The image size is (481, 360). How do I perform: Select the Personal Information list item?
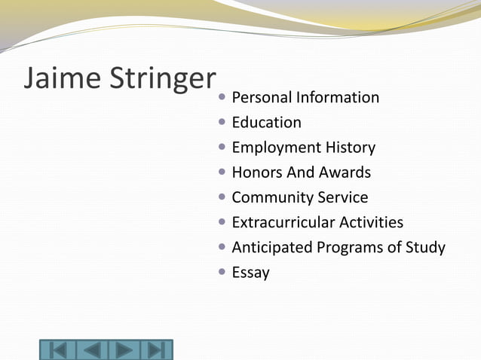click(x=305, y=98)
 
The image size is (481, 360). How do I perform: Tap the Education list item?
click(x=266, y=123)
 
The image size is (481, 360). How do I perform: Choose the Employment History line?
click(x=303, y=148)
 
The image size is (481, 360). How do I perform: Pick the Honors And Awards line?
click(x=301, y=172)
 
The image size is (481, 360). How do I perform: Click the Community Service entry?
click(x=299, y=197)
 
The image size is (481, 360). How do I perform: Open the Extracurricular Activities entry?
click(x=317, y=222)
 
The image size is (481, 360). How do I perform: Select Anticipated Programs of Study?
click(x=338, y=247)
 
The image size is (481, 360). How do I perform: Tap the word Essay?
click(x=250, y=273)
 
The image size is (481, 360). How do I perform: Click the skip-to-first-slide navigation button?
click(x=58, y=350)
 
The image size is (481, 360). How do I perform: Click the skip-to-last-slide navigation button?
click(x=155, y=350)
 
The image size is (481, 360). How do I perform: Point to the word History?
click(x=350, y=148)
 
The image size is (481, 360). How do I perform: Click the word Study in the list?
click(x=425, y=248)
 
